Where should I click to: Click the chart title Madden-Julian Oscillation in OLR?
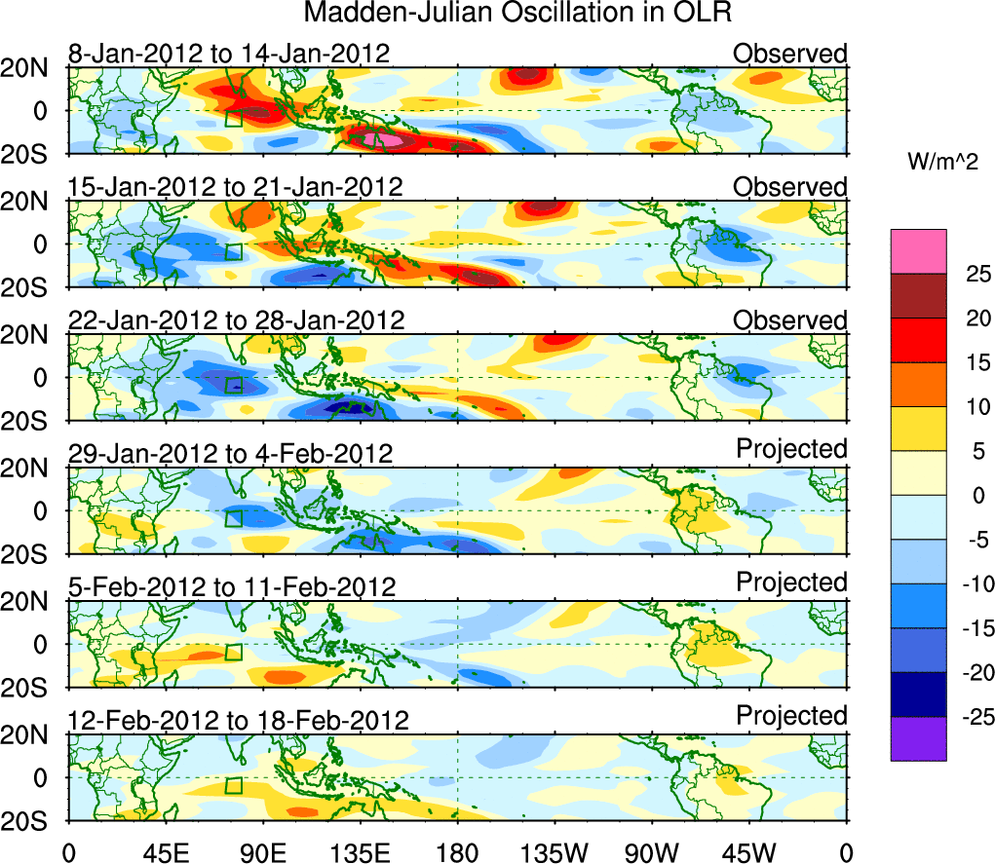tap(517, 14)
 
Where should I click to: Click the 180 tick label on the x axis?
tap(457, 852)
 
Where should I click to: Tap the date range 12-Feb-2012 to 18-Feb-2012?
tap(238, 721)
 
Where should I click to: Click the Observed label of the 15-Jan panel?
tap(790, 186)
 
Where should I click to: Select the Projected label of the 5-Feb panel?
tap(791, 582)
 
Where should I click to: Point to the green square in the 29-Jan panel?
tap(233, 517)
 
